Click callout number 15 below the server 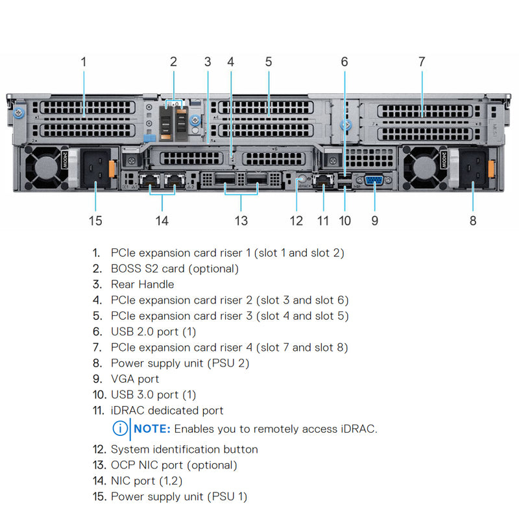click(95, 221)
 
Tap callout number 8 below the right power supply click(473, 221)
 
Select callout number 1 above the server click(83, 62)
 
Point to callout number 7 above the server click(422, 62)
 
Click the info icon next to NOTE click(120, 429)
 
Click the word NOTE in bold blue click(152, 429)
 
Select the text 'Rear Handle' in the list click(142, 284)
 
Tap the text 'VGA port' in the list click(135, 379)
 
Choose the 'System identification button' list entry click(184, 449)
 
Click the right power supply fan click(423, 165)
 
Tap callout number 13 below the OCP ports click(241, 221)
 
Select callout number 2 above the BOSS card click(173, 62)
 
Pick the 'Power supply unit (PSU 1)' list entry click(179, 497)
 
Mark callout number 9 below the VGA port click(374, 221)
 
